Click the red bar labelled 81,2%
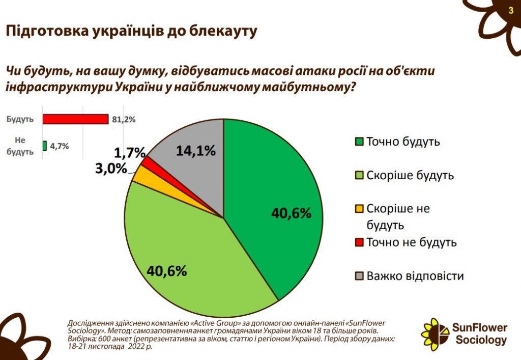pyautogui.click(x=75, y=119)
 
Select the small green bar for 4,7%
pyautogui.click(x=45, y=146)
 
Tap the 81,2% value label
pyautogui.click(x=123, y=120)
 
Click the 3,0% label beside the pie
pyautogui.click(x=111, y=169)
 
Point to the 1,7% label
pyautogui.click(x=130, y=152)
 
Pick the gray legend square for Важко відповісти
pyautogui.click(x=359, y=276)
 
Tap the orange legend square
pyautogui.click(x=359, y=209)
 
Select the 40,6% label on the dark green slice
pyautogui.click(x=291, y=213)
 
